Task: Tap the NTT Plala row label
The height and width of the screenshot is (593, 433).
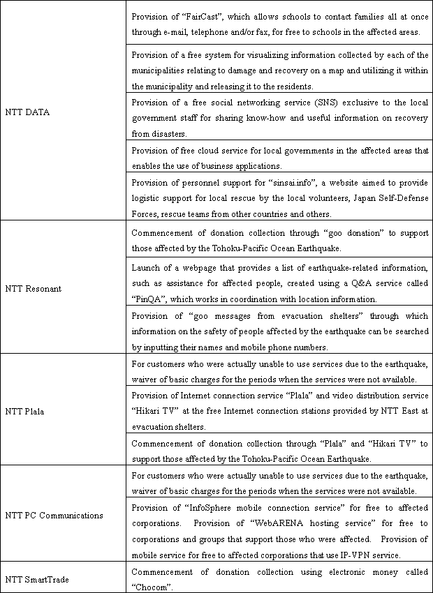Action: [x=25, y=411]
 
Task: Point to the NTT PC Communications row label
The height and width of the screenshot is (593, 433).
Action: [x=54, y=516]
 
